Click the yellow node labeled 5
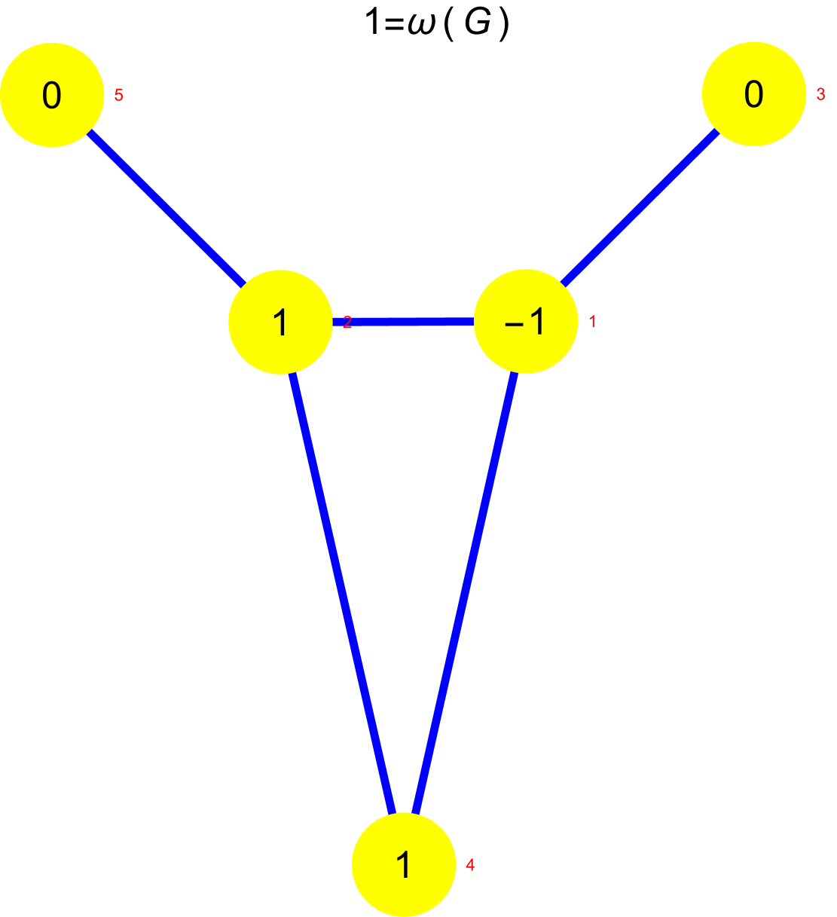tap(52, 95)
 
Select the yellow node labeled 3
tap(753, 94)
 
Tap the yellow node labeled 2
tap(280, 322)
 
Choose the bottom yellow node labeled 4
tap(404, 864)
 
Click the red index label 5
tap(118, 96)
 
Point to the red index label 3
tap(820, 96)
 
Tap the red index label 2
tap(347, 322)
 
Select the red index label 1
tap(592, 322)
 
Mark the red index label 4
tap(470, 865)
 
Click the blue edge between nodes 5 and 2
tap(166, 209)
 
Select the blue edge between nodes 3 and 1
tap(640, 208)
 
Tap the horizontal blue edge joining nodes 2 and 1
tap(403, 322)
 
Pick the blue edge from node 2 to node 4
tap(342, 593)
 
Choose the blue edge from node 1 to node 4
tap(465, 593)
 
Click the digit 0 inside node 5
tap(52, 96)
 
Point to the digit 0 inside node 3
tap(753, 95)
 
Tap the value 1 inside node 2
tap(280, 322)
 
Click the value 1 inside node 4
tap(404, 865)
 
